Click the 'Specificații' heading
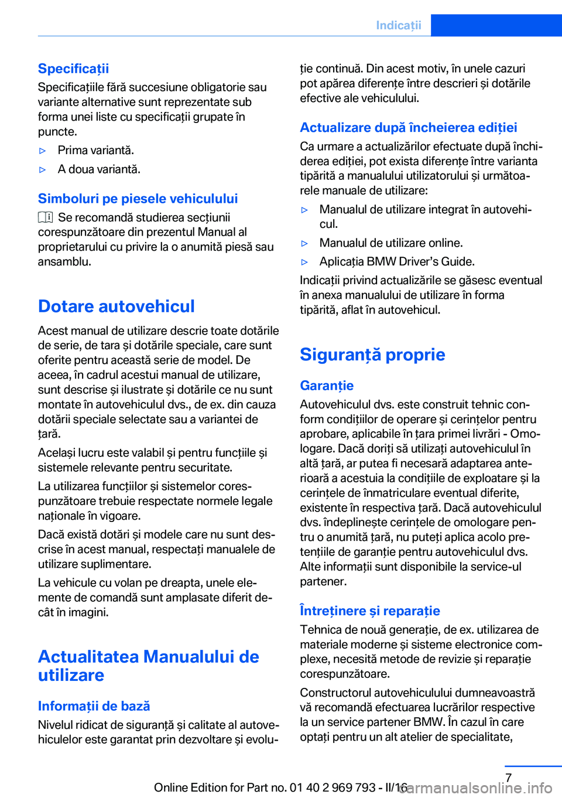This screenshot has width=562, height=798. point(73,69)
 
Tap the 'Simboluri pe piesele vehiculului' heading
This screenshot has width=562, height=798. point(138,199)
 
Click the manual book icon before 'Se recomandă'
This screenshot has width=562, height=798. point(46,217)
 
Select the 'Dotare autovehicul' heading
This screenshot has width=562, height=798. point(116,306)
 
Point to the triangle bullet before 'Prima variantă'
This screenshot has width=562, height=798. point(42,151)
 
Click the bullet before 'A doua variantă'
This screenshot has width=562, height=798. point(42,170)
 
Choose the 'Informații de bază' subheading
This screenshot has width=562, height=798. point(94,706)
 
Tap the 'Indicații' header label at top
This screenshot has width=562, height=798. point(398,25)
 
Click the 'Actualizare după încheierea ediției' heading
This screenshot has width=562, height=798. point(408,128)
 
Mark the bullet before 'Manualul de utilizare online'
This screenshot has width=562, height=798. point(304,243)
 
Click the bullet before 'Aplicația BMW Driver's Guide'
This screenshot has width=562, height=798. point(304,262)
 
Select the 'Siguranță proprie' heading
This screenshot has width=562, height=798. point(372,354)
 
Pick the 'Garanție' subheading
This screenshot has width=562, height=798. point(327,386)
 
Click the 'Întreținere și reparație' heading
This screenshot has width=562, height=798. point(369,611)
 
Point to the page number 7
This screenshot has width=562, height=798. point(508,777)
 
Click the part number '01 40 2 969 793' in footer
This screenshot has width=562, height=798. point(332,787)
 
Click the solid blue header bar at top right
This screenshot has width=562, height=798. point(496,25)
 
